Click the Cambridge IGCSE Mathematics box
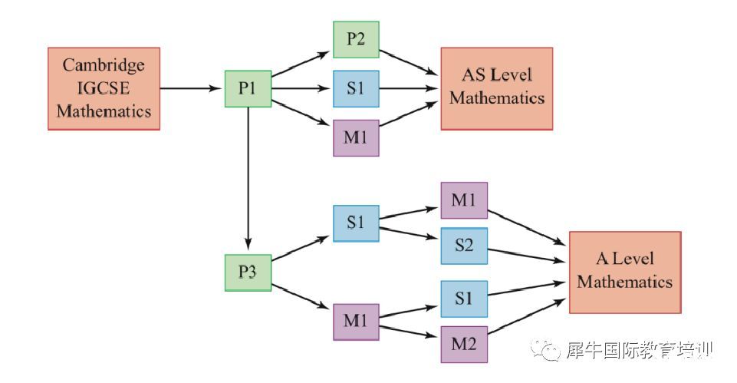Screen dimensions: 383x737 click(104, 88)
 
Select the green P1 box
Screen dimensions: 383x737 click(248, 88)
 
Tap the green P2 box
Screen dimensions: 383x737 click(356, 39)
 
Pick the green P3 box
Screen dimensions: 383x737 click(248, 272)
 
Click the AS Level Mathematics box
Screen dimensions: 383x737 click(496, 88)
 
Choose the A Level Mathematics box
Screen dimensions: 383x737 click(624, 272)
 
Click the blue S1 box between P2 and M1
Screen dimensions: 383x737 click(356, 88)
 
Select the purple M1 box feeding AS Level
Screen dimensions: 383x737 click(356, 138)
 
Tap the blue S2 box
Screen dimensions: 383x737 click(463, 246)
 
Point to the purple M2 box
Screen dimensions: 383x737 click(463, 344)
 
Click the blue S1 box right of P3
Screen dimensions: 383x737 click(356, 223)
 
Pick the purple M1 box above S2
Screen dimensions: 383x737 click(463, 200)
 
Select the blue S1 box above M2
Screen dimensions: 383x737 click(463, 299)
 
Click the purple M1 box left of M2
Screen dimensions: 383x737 click(356, 322)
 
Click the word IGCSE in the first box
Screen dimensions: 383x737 click(103, 88)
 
